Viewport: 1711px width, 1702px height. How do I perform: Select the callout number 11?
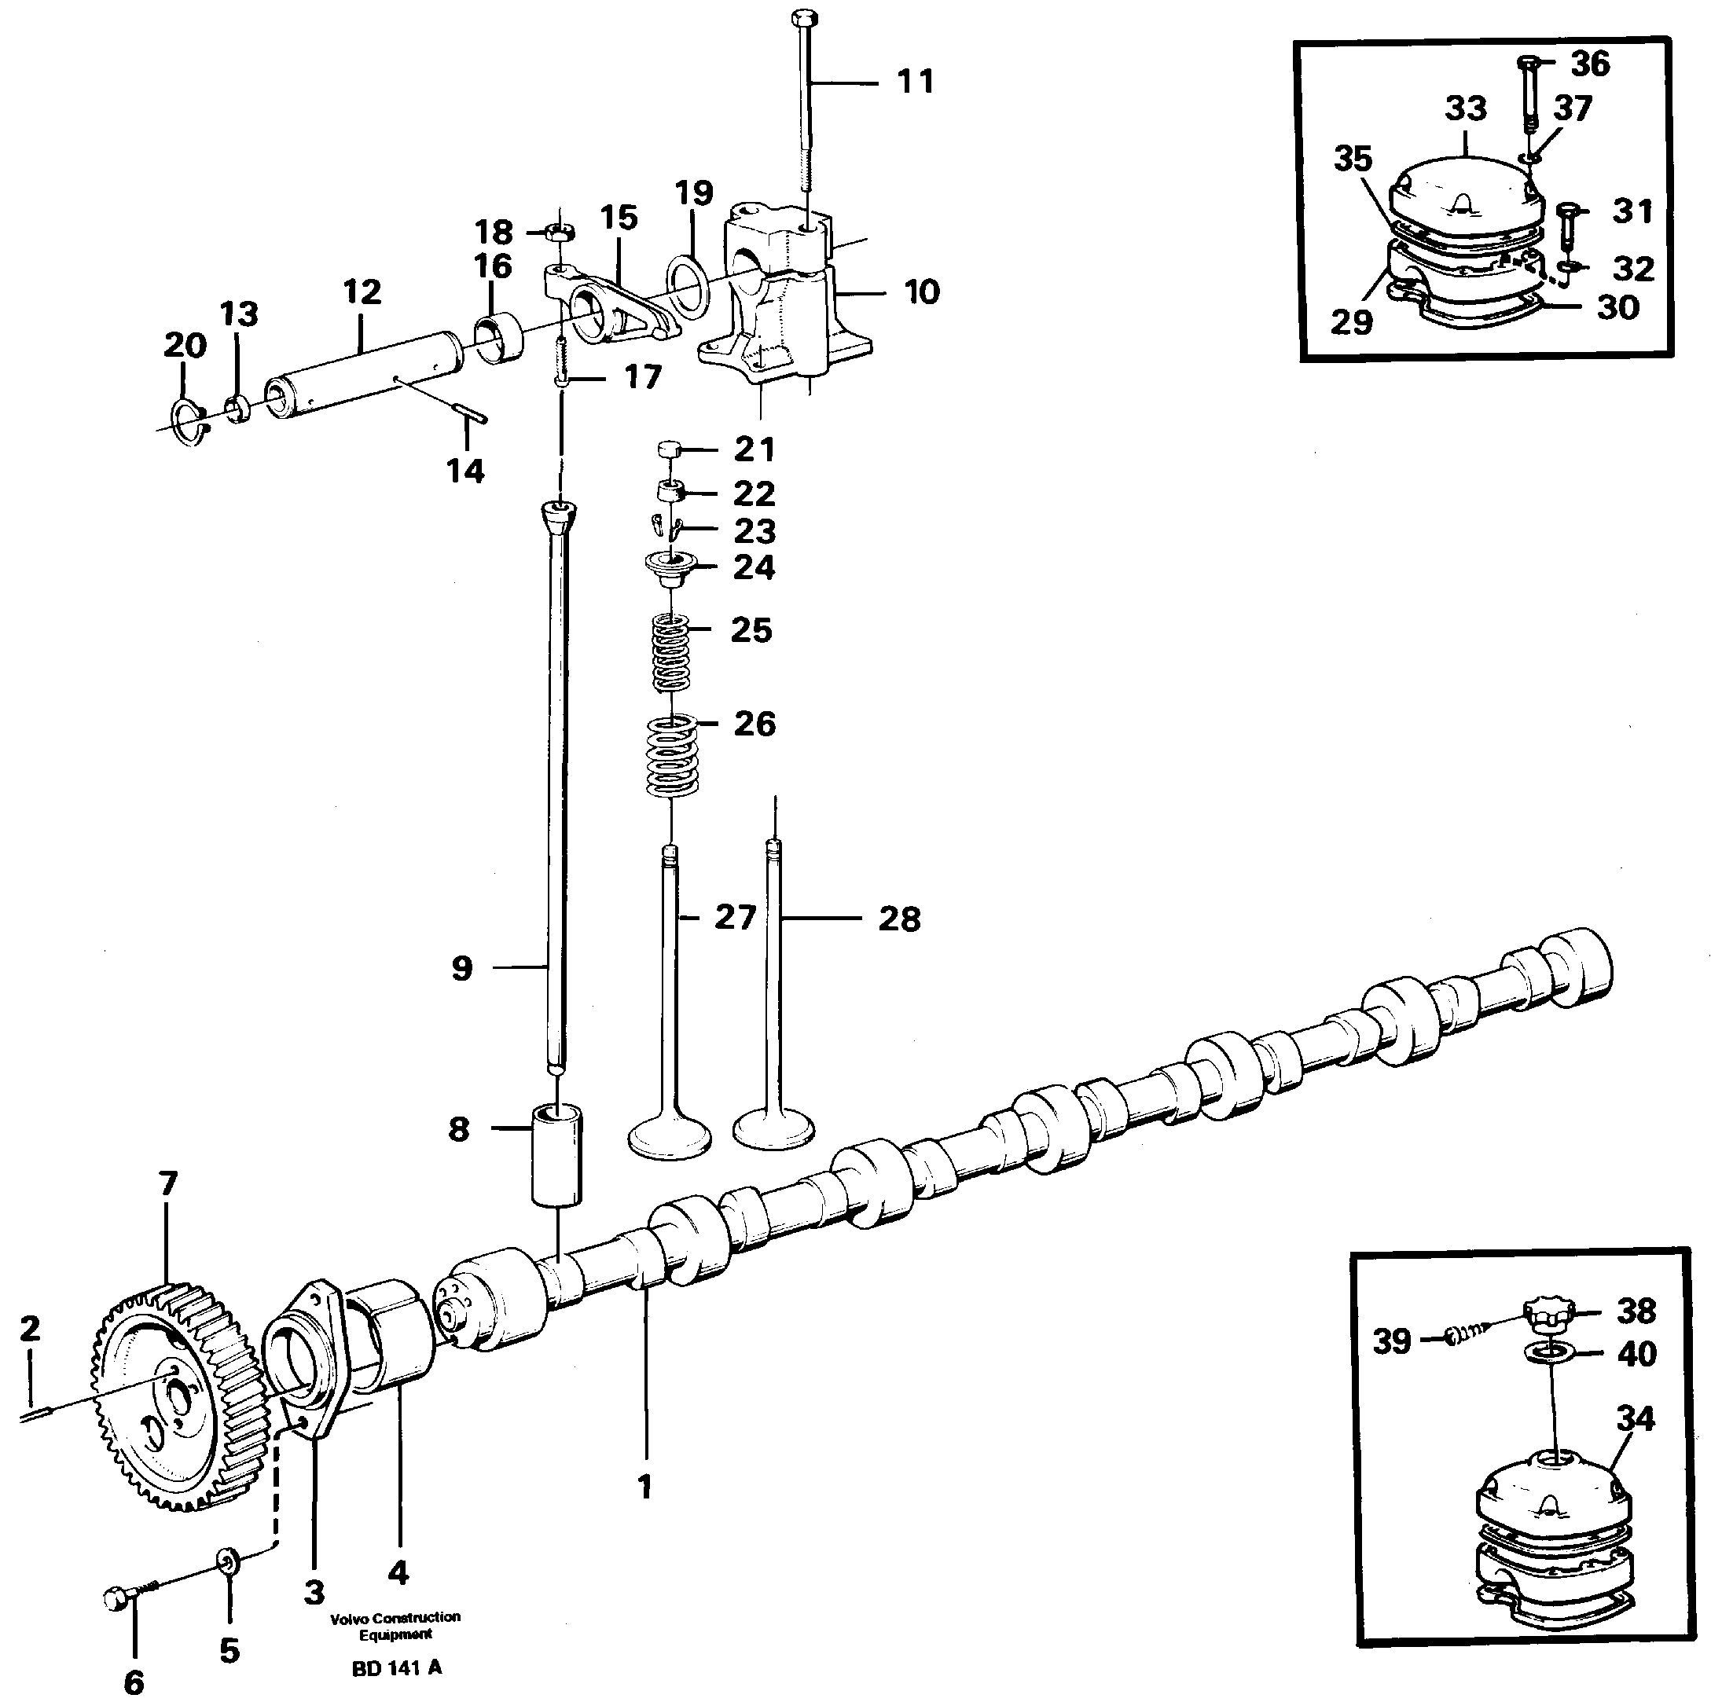(915, 83)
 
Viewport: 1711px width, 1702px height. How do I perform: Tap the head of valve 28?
(775, 1129)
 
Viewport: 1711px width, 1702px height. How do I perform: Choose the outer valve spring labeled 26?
(670, 755)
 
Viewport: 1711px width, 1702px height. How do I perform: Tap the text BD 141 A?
(396, 1668)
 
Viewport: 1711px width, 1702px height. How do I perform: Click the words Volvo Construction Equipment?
(395, 1625)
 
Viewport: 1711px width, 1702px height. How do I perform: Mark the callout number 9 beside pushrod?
(462, 969)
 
